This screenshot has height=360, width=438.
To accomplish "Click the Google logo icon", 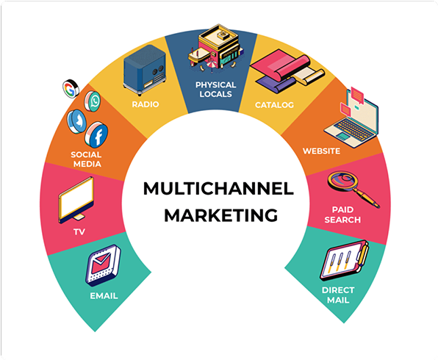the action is [71, 89].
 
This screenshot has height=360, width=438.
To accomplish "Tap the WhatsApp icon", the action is [93, 101].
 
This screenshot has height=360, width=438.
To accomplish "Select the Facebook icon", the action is [97, 134].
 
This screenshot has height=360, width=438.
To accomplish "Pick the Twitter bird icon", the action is [76, 121].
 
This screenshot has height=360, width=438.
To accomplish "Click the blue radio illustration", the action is [145, 70].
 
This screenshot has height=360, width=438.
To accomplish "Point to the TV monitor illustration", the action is [76, 200].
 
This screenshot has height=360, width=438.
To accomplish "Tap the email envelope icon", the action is [103, 265].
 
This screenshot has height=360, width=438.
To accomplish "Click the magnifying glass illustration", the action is [353, 189].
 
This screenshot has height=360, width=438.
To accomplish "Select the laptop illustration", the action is [352, 118].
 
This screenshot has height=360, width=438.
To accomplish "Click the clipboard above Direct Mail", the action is [345, 260].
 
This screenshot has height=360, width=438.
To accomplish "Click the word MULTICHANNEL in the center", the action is [218, 189].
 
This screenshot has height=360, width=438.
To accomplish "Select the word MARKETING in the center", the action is [221, 215].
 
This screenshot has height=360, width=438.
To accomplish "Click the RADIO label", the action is [146, 104].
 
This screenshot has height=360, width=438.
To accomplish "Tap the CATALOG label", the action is [274, 105].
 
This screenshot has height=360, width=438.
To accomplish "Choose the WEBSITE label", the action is [321, 151].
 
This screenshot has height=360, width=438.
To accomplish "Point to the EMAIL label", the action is [104, 296].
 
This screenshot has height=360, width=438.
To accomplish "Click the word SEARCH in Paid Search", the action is [342, 220].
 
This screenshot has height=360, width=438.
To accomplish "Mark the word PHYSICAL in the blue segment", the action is [215, 84].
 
